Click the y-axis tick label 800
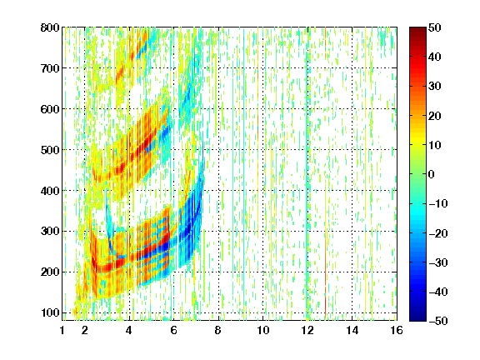coord(50,27)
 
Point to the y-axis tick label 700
coord(50,68)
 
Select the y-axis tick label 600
coord(50,109)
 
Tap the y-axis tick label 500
coord(50,150)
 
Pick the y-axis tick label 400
coord(50,191)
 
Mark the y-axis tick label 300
coord(50,232)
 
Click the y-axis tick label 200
coord(50,272)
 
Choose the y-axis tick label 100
coord(50,312)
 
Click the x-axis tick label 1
coord(62,330)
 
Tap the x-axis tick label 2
coord(85,330)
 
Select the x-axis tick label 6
coord(174,330)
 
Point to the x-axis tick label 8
coord(218,330)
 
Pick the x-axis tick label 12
coord(307,330)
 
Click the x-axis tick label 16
coord(397,330)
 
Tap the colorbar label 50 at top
coord(435,27)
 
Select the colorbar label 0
coord(432,174)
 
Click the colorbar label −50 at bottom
coord(438,321)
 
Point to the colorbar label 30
coord(435,87)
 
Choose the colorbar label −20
coord(438,233)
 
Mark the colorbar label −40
coord(438,292)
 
